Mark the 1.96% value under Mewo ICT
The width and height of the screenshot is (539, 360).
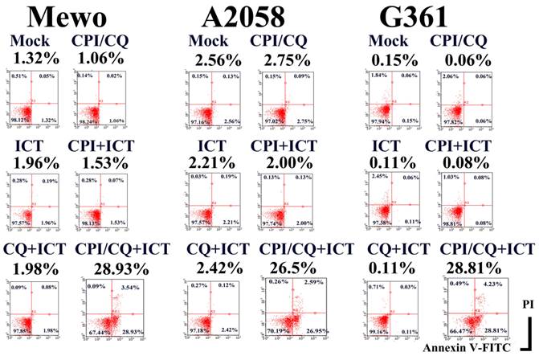click(x=34, y=162)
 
